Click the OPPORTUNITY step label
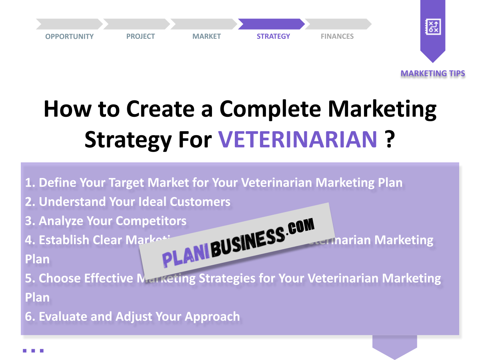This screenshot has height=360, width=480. pos(69,36)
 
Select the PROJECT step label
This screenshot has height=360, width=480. pos(140,36)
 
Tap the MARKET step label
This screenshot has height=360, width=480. pos(206,36)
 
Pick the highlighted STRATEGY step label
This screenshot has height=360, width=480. pos(273,36)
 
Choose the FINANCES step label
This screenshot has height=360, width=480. pos(337,36)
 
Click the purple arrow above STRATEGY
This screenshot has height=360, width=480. pos(271,24)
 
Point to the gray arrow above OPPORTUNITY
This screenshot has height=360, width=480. pos(69,24)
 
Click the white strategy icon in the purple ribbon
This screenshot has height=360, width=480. pos(432,27)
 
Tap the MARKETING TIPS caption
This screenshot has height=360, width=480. pos(433,74)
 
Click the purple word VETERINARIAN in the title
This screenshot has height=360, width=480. pos(298,139)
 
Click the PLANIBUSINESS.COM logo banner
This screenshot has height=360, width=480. pos(238,240)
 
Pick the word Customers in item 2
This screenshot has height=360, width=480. pos(200,202)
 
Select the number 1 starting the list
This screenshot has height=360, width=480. pos(29,183)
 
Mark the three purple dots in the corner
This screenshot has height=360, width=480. pos(33,351)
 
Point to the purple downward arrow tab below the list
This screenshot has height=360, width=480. pos(394,346)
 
